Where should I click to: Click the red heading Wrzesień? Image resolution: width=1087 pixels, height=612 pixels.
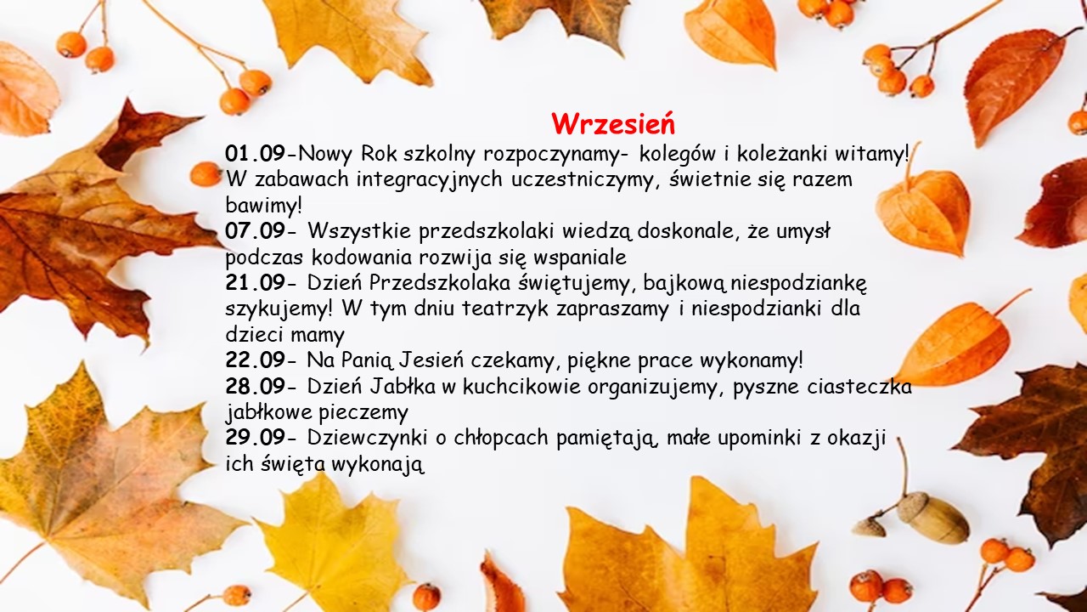click(x=613, y=124)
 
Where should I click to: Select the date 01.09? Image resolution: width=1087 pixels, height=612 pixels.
click(x=256, y=154)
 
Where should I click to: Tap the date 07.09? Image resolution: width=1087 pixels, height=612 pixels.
click(x=256, y=230)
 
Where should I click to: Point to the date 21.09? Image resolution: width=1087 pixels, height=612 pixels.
click(x=256, y=282)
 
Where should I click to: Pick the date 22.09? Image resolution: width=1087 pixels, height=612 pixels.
click(x=256, y=360)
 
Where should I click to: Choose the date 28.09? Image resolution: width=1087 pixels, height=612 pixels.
click(x=256, y=386)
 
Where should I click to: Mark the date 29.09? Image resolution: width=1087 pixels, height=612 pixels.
click(x=256, y=438)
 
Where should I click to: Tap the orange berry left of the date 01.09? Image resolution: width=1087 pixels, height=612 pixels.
click(x=206, y=173)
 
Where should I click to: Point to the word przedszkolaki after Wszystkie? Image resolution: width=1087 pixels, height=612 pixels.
click(x=487, y=231)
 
